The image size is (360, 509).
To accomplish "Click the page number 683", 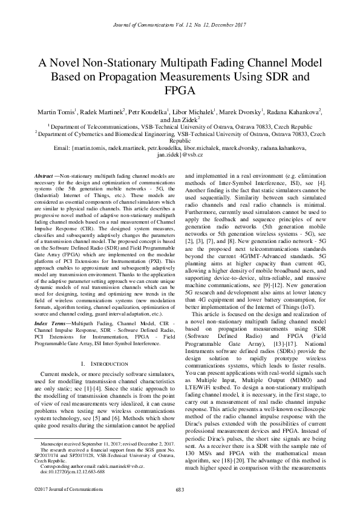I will [x=180, y=489].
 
